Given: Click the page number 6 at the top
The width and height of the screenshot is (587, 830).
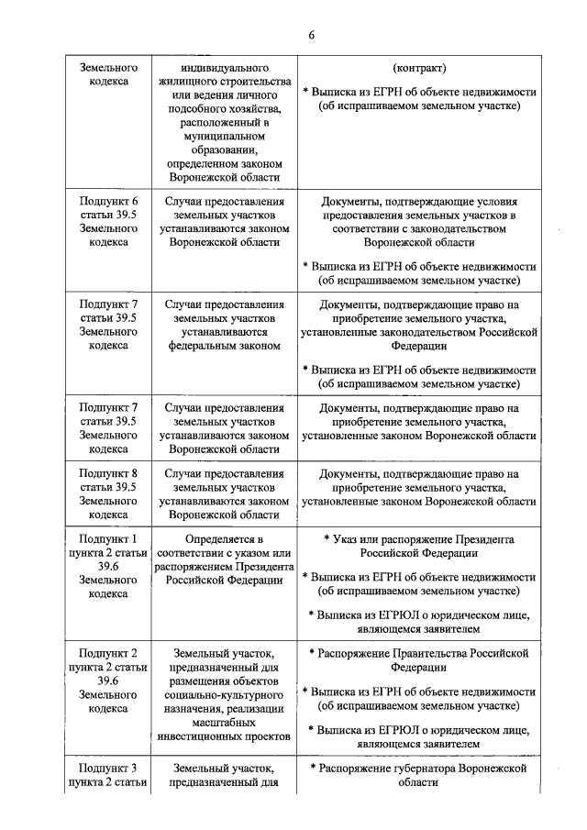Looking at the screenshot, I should (311, 35).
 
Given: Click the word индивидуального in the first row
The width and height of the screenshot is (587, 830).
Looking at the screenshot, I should (225, 69).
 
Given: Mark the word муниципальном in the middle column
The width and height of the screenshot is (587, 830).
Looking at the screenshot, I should (225, 137).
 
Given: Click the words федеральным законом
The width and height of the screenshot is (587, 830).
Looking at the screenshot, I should (225, 347).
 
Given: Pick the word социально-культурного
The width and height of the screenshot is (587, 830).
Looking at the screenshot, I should (225, 695).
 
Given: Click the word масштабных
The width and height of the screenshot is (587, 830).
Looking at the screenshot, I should (225, 722).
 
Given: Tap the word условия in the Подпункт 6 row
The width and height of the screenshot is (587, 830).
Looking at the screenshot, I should (496, 201).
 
